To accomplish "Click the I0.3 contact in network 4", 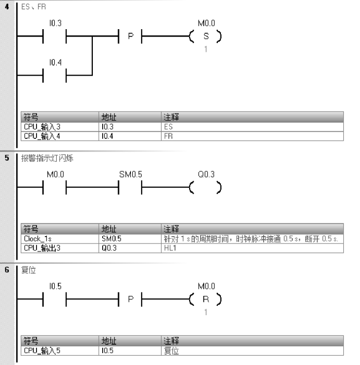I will (56, 36).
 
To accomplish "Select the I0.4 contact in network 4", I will (56, 76).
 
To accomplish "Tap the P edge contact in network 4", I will (131, 36).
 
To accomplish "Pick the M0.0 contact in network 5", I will (56, 188).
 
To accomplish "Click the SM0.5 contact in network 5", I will (131, 188).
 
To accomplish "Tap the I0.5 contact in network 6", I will (56, 300).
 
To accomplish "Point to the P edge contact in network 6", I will (131, 300).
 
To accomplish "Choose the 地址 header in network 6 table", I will (108, 341).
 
